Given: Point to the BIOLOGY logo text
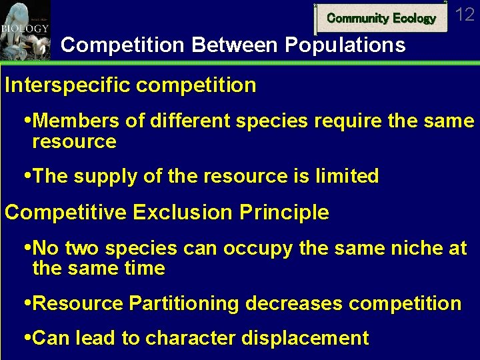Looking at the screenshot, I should pyautogui.click(x=25, y=29).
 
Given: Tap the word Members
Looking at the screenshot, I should pyautogui.click(x=73, y=121).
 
